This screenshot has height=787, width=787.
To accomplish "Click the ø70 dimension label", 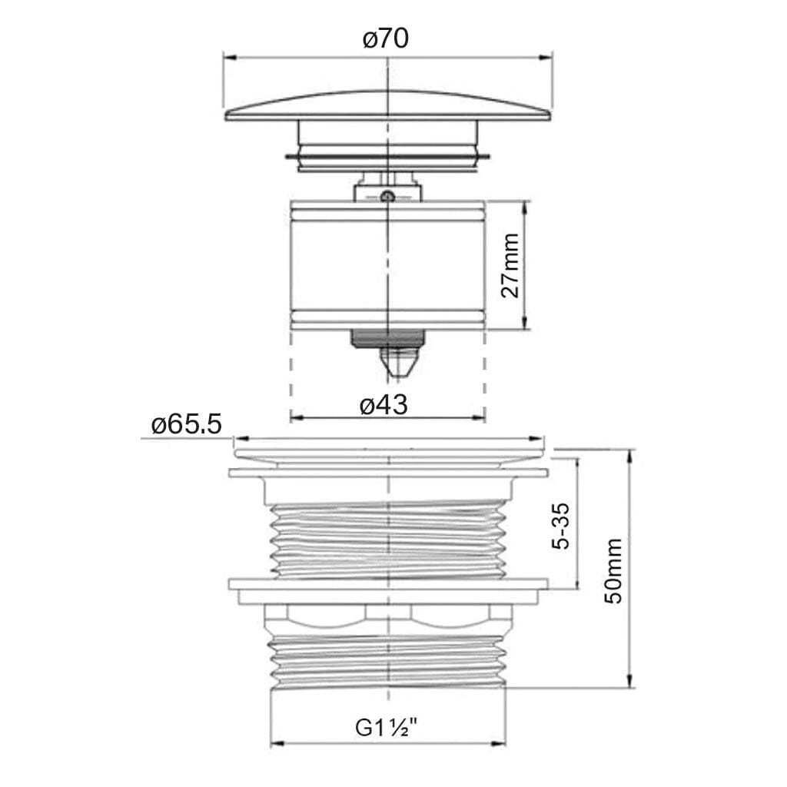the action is point(386,38).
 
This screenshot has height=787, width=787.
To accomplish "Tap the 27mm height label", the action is point(510,265).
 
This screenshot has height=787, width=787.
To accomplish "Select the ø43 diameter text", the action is point(384,404).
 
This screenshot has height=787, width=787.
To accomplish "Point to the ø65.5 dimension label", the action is point(186,424).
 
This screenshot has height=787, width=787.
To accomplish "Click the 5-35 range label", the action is point(560,526).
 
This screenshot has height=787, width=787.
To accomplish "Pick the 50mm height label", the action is point(613,571).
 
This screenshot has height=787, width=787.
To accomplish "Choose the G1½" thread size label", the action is point(387,727).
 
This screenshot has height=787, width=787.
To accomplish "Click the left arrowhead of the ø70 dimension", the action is point(229,58).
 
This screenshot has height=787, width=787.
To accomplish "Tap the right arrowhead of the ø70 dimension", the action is point(545,58).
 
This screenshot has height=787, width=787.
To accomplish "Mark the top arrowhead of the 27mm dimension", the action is point(526,208).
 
